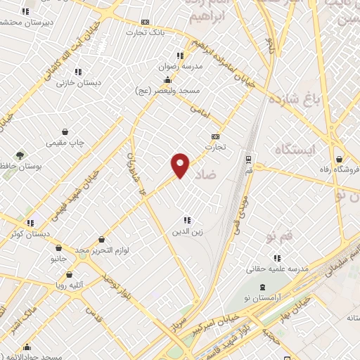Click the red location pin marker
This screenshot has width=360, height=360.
pos(181,165)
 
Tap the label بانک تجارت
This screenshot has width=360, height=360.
pos(146,32)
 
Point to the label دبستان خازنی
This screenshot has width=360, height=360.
pos(79,82)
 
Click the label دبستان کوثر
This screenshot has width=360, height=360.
pos(27,233)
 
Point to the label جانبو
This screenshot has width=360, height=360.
pos(57,259)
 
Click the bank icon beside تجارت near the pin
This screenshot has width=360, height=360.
pos(214,136)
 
